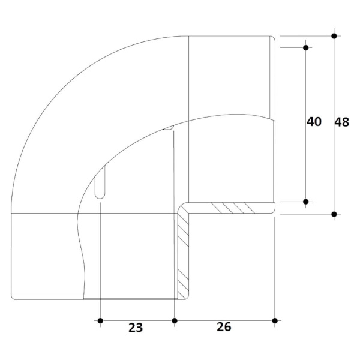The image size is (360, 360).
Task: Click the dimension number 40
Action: pyautogui.click(x=314, y=122)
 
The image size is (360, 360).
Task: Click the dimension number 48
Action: pyautogui.click(x=341, y=122)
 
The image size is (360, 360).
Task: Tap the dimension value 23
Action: pyautogui.click(x=136, y=328)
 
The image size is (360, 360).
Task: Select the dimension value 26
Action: pyautogui.click(x=224, y=327)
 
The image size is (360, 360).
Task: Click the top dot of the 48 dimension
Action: pyautogui.click(x=334, y=36)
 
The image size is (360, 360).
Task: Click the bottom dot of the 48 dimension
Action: pyautogui.click(x=334, y=214)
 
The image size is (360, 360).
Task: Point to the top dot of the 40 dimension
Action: pyautogui.click(x=305, y=48)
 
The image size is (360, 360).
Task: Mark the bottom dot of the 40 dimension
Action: pyautogui.click(x=305, y=202)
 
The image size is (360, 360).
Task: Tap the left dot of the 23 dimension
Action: pyautogui.click(x=100, y=321)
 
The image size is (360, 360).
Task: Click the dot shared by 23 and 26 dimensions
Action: pyautogui.click(x=175, y=321)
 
